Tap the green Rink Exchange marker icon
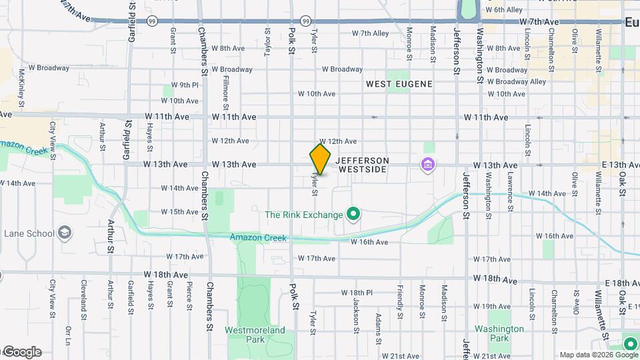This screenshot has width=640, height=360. click(355, 214)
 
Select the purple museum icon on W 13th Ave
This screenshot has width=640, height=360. click(427, 164)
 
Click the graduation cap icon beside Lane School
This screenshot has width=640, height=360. click(65, 233)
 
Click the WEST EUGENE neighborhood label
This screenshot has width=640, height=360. click(399, 84)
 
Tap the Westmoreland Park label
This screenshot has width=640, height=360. click(255, 334)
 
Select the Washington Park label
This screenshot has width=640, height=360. click(499, 333)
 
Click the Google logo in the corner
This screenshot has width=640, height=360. click(21, 352)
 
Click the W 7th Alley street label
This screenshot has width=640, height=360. click(370, 33)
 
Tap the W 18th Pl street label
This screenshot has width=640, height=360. click(361, 293)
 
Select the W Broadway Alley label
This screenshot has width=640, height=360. click(516, 81)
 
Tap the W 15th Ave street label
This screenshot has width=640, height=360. click(180, 212)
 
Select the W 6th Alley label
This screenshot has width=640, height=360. click(504, 10)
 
